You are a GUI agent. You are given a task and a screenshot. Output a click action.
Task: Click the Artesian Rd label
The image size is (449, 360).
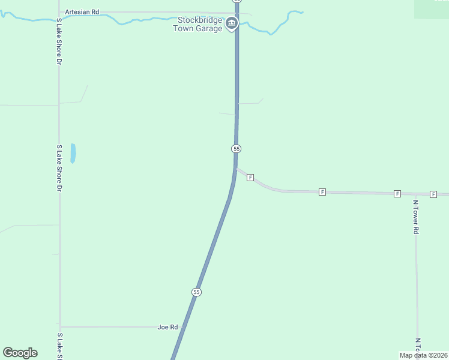(82, 11)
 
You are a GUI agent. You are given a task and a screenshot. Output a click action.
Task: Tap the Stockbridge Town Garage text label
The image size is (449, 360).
(196, 24)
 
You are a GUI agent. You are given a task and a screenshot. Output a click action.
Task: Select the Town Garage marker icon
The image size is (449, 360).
(232, 24)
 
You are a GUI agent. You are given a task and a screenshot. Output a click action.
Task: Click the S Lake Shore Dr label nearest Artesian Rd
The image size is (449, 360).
(59, 41)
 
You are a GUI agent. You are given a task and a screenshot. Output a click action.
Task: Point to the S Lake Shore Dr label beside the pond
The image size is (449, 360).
(59, 168)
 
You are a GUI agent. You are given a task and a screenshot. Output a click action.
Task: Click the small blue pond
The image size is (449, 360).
(73, 153)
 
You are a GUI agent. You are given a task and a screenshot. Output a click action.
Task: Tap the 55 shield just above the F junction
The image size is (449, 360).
(236, 148)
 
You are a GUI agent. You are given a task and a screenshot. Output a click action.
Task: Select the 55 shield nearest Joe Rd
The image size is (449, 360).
(196, 292)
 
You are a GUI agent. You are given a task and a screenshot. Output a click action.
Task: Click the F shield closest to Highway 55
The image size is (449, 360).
(250, 178)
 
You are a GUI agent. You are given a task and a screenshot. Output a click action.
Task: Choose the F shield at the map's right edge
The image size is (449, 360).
(433, 194)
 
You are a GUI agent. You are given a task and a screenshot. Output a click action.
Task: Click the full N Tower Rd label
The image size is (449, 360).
(415, 217)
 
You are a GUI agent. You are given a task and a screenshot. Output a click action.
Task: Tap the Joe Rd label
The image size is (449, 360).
(168, 327)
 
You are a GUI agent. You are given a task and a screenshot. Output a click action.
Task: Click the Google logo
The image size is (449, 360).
(20, 353)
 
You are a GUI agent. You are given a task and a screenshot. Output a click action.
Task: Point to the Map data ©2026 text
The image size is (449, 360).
(423, 355)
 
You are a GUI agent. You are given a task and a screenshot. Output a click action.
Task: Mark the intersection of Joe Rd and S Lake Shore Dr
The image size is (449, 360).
(60, 327)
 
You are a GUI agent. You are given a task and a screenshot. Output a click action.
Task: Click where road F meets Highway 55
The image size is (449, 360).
(236, 169)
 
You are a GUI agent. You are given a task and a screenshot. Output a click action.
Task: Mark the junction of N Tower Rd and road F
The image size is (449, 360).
(415, 194)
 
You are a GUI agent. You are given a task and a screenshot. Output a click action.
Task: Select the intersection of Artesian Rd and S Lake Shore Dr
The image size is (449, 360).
(59, 13)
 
